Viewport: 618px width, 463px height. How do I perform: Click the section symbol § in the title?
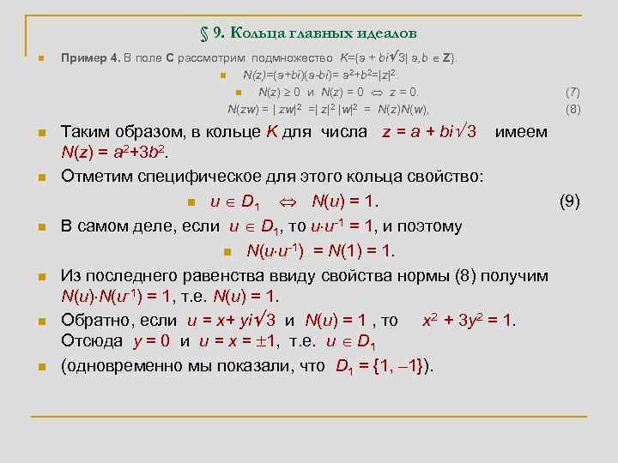tap(205, 33)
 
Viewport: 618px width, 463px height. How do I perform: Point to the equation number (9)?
tap(570, 201)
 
